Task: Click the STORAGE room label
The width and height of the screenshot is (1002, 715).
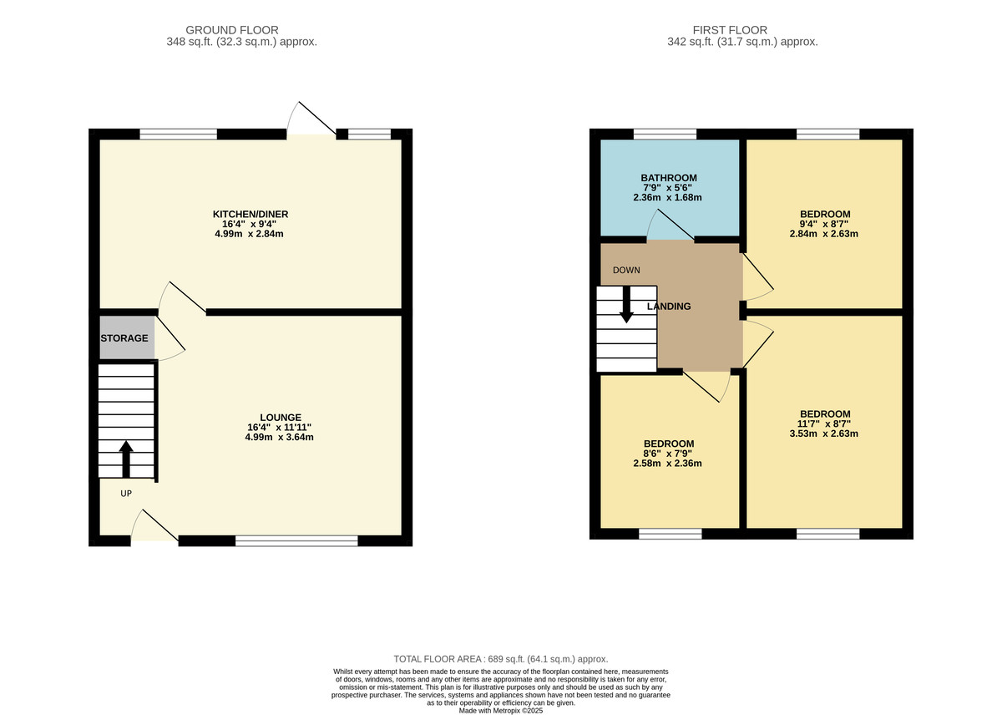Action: pyautogui.click(x=124, y=338)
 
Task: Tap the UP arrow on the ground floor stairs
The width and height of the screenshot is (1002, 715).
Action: pyautogui.click(x=126, y=459)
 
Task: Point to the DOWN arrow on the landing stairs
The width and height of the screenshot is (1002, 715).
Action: pyautogui.click(x=626, y=304)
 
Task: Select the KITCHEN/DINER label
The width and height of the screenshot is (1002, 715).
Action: pyautogui.click(x=250, y=214)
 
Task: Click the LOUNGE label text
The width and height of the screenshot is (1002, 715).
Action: pyautogui.click(x=281, y=418)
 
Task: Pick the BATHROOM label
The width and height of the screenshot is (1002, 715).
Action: pyautogui.click(x=669, y=178)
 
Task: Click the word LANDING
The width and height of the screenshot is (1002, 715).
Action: pyautogui.click(x=669, y=307)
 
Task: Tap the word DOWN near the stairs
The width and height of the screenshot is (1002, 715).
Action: pyautogui.click(x=626, y=271)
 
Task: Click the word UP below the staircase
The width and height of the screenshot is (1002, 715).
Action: pyautogui.click(x=126, y=494)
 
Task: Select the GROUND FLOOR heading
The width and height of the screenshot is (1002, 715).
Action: pyautogui.click(x=232, y=30)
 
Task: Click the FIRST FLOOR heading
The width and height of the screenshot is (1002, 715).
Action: pyautogui.click(x=730, y=30)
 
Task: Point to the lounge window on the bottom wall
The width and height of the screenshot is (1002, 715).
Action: pyautogui.click(x=296, y=541)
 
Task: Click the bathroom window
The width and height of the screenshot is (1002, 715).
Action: pyautogui.click(x=665, y=134)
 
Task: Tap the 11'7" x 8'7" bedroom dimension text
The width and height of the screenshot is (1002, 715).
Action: pyautogui.click(x=823, y=423)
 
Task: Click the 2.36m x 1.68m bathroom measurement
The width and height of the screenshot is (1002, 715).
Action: pyautogui.click(x=667, y=197)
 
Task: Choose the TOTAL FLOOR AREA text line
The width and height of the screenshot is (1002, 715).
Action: pyautogui.click(x=500, y=659)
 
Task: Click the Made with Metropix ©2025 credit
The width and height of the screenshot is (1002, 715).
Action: pyautogui.click(x=500, y=711)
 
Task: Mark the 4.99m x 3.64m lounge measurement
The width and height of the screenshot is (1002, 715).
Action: pyautogui.click(x=279, y=437)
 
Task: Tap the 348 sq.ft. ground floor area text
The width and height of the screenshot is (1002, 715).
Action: pyautogui.click(x=241, y=42)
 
